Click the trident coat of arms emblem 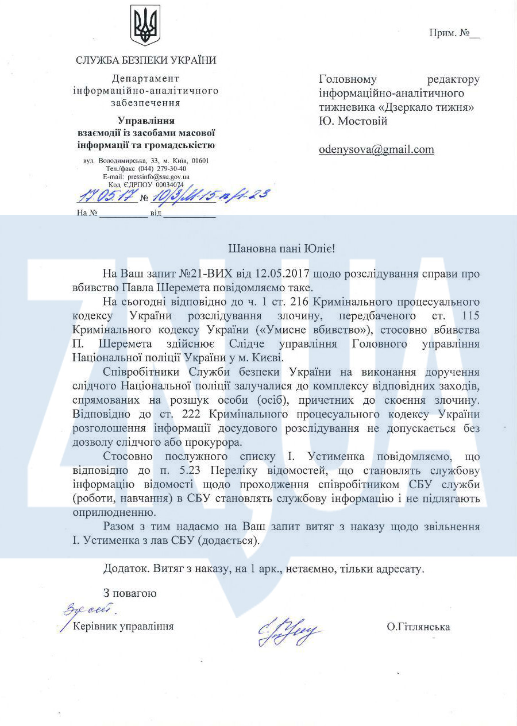pyautogui.click(x=145, y=25)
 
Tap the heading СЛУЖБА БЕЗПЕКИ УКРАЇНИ pyautogui.click(x=146, y=60)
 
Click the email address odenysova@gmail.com pyautogui.click(x=376, y=149)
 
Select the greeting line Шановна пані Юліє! pyautogui.click(x=281, y=249)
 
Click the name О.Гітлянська pyautogui.click(x=418, y=627)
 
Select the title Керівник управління pyautogui.click(x=124, y=626)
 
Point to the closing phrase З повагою pyautogui.click(x=130, y=593)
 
